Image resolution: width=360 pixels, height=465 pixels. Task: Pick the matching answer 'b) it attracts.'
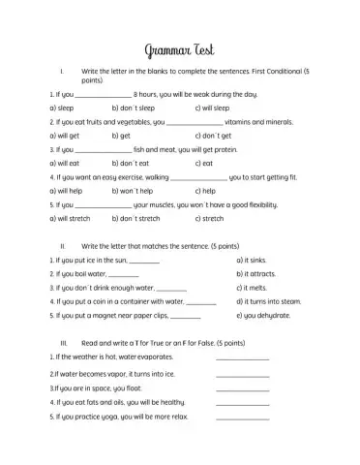[x=256, y=274]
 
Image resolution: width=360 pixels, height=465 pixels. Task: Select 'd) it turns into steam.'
[x=269, y=301]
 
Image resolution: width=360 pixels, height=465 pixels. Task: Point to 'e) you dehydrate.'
[x=261, y=316]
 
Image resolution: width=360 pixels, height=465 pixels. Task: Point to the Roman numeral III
[x=64, y=343]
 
